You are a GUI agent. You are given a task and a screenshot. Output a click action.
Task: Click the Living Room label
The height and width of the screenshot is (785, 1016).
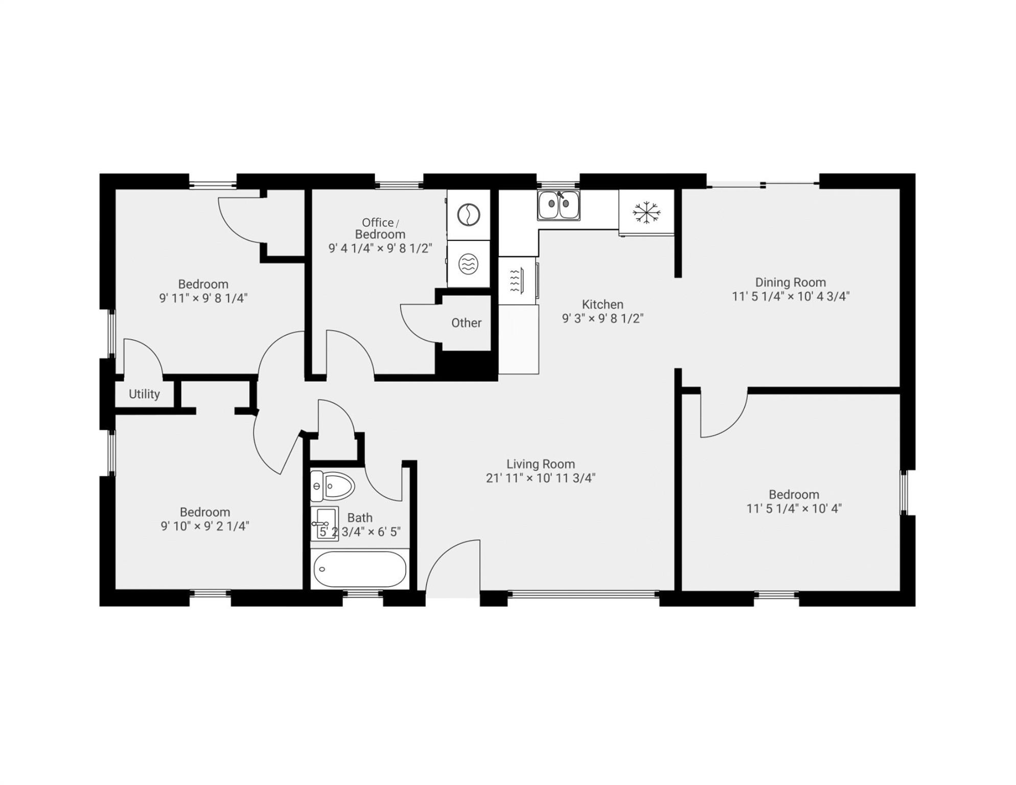[540, 464]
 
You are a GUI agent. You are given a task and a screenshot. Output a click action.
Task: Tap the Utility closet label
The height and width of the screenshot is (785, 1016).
[144, 394]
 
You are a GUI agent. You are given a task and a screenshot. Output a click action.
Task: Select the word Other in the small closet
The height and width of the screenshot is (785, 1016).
[466, 323]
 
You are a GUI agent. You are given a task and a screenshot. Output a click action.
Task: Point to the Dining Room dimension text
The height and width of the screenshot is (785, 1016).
[790, 296]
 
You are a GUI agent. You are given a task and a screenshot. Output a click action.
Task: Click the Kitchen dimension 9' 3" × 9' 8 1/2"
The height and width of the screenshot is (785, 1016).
[603, 318]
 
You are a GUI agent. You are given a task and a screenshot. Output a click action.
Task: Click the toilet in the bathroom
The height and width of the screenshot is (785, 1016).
[333, 486]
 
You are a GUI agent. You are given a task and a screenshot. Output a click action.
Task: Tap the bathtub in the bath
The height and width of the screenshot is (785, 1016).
[360, 569]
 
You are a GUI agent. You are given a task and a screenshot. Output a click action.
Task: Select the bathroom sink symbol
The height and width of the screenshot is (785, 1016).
[325, 523]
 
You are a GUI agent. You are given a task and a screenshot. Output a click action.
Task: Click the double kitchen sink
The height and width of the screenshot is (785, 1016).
[559, 204]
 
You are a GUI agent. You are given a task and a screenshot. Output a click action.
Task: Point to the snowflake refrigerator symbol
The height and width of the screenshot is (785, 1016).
[646, 212]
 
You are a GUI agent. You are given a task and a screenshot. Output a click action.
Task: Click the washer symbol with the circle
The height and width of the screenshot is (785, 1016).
[468, 215]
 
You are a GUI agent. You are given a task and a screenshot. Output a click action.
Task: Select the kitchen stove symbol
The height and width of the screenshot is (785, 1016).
[517, 281]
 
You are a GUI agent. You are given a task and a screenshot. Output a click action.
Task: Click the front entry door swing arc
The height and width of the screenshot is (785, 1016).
[450, 562]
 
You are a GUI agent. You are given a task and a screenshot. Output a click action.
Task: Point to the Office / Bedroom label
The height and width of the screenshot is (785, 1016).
[380, 228]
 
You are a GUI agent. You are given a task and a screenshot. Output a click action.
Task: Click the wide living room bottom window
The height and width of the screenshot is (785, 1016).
[583, 594]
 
